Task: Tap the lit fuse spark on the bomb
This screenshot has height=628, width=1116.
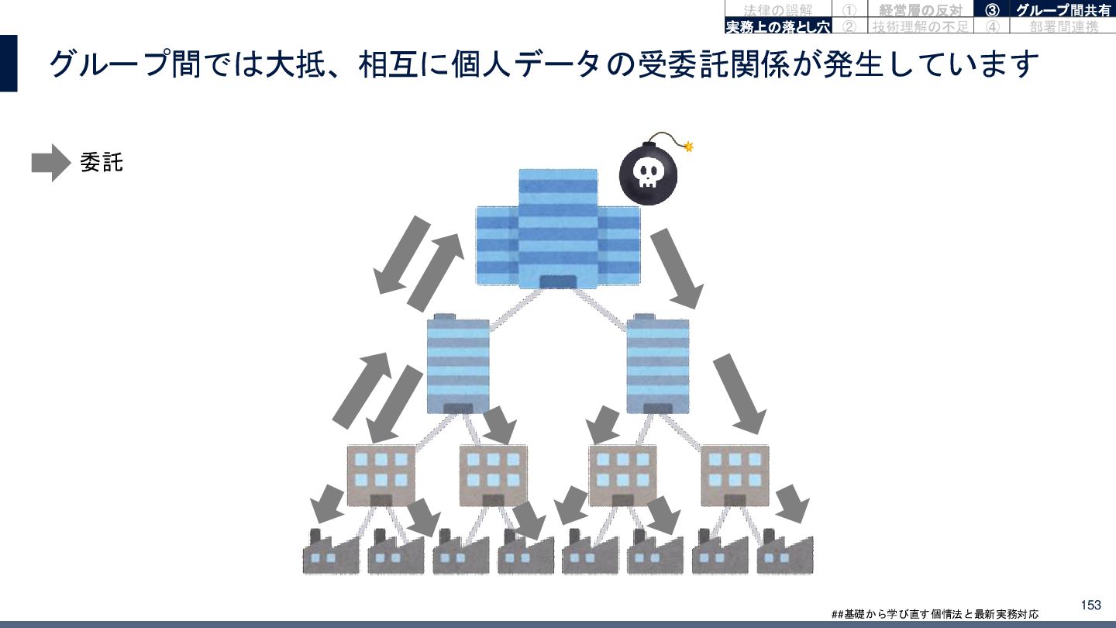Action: point(688,146)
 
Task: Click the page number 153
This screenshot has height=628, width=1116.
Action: point(1090,605)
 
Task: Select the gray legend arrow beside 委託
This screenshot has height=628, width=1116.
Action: point(51,163)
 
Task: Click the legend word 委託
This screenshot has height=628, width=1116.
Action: point(102,163)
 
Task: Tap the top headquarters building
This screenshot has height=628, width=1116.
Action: point(558,229)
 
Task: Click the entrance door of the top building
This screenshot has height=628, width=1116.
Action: point(558,281)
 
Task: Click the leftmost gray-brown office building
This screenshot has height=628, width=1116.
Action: point(381,474)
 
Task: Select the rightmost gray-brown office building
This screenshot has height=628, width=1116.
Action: point(735,474)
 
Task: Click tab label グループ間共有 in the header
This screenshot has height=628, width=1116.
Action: point(1063,10)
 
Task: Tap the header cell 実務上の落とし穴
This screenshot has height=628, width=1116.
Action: point(777,27)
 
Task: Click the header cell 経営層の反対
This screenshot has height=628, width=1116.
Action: point(920,10)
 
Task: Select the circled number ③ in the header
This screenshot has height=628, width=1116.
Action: point(991,10)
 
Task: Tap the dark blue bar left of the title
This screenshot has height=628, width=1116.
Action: point(9,64)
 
